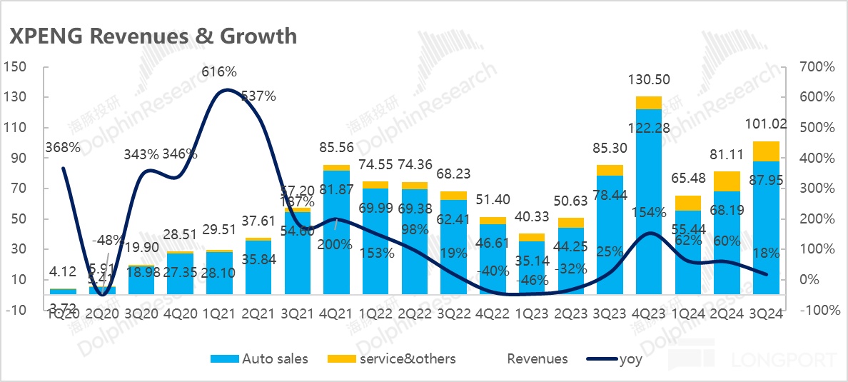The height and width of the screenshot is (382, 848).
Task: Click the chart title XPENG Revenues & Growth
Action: tap(152, 36)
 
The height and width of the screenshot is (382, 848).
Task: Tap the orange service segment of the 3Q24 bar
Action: tap(765, 151)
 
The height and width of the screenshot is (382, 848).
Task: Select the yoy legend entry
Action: tap(631, 359)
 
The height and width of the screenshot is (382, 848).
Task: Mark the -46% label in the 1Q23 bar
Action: tap(531, 279)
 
